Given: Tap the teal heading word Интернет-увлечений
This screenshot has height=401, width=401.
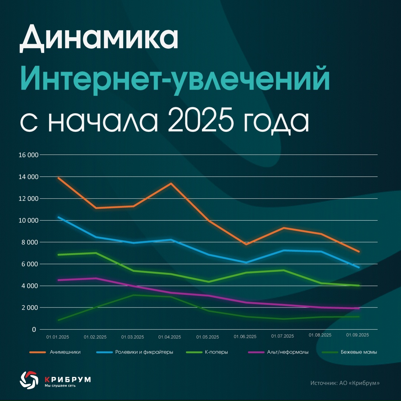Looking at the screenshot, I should (175, 79).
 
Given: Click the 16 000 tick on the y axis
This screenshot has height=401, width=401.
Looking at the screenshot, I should (28, 155).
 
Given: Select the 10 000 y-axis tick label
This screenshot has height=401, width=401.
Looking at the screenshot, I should (28, 221).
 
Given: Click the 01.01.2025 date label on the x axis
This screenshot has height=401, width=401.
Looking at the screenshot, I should (58, 337).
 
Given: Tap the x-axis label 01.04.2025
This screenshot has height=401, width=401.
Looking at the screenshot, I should (170, 337).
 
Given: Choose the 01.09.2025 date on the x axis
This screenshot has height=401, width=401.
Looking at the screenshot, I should (358, 335).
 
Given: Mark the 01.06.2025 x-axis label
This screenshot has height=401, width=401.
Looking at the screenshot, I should (245, 337).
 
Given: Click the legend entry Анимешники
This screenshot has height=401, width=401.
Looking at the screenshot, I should (65, 352).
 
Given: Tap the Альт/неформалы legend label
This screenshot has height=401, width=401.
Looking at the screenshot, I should (288, 352).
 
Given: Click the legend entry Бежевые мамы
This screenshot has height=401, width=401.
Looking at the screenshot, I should (359, 352).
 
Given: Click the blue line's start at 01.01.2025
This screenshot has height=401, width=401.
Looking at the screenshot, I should (58, 217).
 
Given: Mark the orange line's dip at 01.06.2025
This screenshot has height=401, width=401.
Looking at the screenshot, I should (246, 244).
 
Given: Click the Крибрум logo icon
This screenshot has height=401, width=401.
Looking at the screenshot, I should (29, 380).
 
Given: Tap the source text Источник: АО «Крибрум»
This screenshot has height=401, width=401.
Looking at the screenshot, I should (345, 383).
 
